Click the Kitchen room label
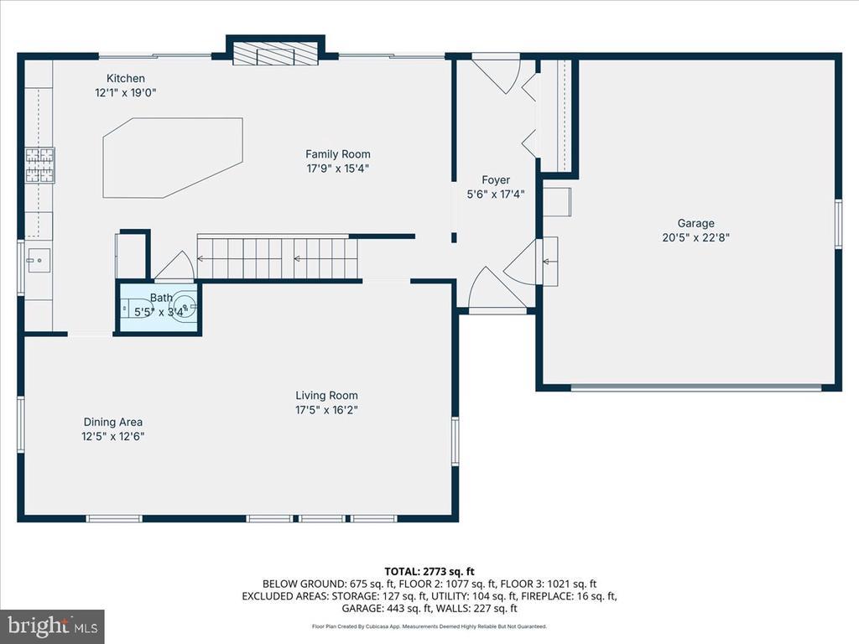tap(126, 78)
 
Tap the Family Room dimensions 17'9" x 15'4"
tap(337, 168)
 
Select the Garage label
tap(695, 223)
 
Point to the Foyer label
tap(496, 179)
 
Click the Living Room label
tap(326, 396)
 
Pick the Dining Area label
tap(113, 423)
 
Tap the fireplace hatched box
tap(276, 53)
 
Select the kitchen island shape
tap(173, 158)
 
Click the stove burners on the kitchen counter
tap(40, 165)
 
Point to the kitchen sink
tap(39, 260)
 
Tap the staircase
tap(278, 258)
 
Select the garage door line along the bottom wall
tap(696, 387)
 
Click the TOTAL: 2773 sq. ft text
tap(429, 572)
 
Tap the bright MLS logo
tap(52, 626)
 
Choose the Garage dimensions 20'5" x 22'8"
tap(695, 237)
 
